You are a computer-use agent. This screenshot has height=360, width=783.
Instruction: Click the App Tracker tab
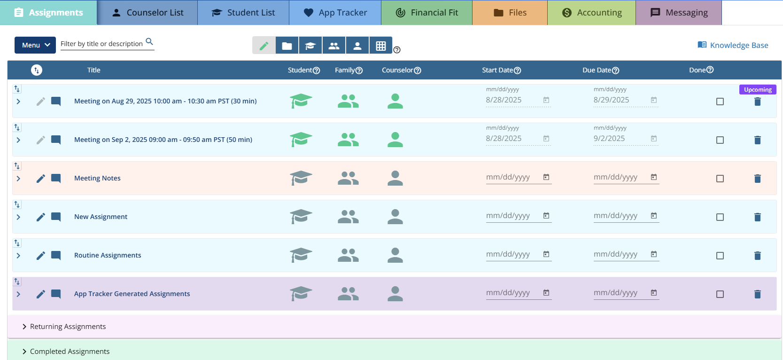click(335, 13)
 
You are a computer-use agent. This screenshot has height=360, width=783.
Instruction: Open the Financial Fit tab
click(426, 13)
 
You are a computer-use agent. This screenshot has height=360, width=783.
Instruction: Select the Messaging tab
click(679, 13)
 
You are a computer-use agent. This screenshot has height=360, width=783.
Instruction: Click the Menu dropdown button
click(35, 45)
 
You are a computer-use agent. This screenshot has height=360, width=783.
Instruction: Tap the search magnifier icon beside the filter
click(149, 42)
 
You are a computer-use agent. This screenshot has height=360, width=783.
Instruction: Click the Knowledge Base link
click(733, 45)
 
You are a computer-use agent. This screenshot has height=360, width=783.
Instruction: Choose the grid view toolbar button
click(381, 46)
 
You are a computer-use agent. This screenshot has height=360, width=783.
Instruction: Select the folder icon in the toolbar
click(287, 46)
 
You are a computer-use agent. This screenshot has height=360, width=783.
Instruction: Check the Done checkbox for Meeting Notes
click(720, 179)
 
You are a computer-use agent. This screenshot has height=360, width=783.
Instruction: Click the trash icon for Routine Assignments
click(758, 256)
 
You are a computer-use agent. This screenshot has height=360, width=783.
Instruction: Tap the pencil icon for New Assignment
click(41, 217)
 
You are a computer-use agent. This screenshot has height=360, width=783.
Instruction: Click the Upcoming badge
click(758, 90)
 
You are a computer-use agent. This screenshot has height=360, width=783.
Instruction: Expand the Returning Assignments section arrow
click(24, 327)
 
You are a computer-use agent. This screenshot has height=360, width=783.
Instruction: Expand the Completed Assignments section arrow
click(24, 352)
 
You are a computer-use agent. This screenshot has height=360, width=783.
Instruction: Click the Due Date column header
click(597, 70)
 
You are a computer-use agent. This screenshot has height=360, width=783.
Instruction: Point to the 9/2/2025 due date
click(609, 139)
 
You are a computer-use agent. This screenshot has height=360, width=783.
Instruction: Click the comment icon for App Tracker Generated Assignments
click(56, 294)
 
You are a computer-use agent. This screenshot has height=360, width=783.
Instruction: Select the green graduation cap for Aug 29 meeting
click(301, 101)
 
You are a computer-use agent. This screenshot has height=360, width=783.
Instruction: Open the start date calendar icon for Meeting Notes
click(546, 177)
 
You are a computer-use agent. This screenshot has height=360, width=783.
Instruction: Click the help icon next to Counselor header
click(418, 70)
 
